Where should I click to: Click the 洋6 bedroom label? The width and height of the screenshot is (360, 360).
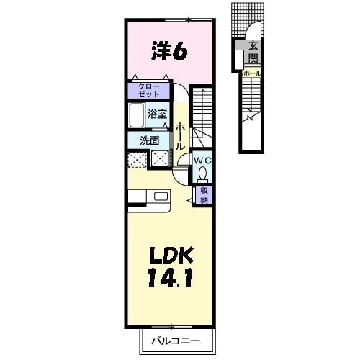pos(169,51)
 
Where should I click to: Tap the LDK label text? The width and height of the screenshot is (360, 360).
pos(171,255)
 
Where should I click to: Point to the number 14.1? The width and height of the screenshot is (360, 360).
pos(170,278)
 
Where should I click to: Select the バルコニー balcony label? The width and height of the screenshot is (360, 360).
pos(176,341)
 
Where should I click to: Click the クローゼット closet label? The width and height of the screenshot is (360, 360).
pos(148,90)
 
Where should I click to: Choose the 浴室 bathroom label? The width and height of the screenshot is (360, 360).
pos(157,114)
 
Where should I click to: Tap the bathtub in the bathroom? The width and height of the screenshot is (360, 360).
pos(137,115)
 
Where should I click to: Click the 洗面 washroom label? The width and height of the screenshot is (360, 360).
pos(150,140)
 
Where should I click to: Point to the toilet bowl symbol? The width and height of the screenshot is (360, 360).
pos(203,174)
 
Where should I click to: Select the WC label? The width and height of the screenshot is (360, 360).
pos(203,161)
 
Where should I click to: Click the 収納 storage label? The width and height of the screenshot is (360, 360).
pos(204,195)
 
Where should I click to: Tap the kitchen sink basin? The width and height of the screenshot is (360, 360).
pos(161,197)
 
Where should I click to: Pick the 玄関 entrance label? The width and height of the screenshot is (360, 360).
pos(253,52)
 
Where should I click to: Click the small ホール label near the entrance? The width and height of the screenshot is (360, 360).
pos(251,73)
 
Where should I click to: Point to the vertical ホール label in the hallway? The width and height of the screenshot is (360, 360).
pos(180,137)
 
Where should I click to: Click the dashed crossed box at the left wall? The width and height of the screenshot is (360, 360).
pos(137,159)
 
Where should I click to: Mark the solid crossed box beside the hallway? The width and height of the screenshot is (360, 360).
pos(161,158)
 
